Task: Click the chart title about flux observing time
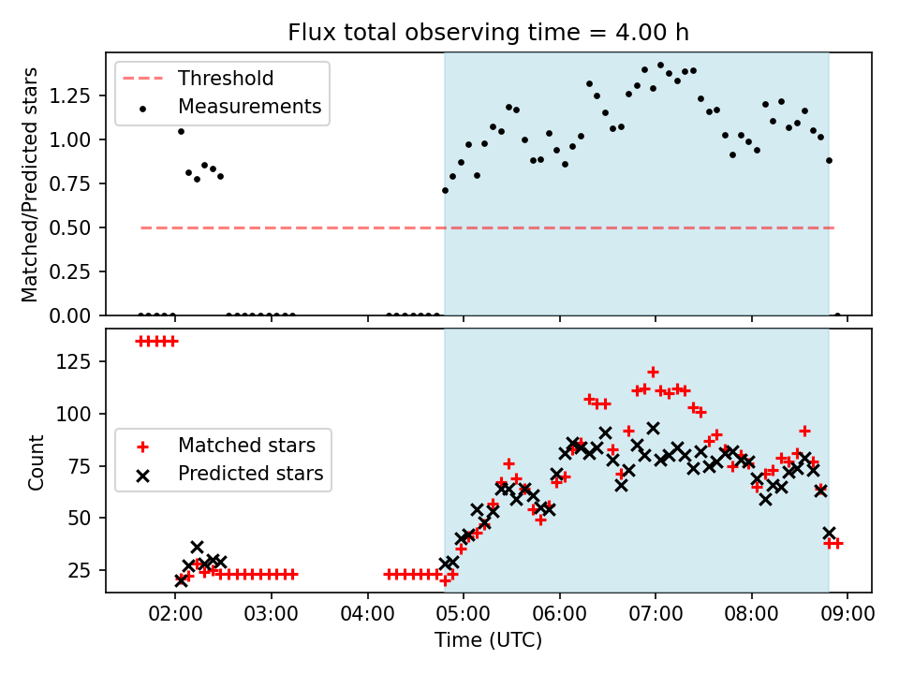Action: point(488,33)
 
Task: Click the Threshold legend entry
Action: point(199,78)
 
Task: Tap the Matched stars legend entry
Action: point(225,446)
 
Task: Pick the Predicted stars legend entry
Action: point(229,474)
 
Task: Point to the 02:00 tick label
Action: point(175,614)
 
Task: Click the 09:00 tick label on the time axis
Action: point(847,614)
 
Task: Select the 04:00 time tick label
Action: point(367,614)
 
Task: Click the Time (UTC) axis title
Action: point(488,639)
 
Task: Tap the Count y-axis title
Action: point(36,462)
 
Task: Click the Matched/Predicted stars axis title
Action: point(29,184)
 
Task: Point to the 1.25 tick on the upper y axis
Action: point(69,95)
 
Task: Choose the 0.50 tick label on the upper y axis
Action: point(69,228)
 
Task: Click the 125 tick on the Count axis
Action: point(77,361)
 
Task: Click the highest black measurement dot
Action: point(660,66)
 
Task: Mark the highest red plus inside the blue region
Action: point(653,373)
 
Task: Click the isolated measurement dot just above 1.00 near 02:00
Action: point(181,132)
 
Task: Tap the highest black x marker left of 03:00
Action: point(198,548)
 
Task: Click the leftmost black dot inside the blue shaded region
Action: point(446,191)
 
